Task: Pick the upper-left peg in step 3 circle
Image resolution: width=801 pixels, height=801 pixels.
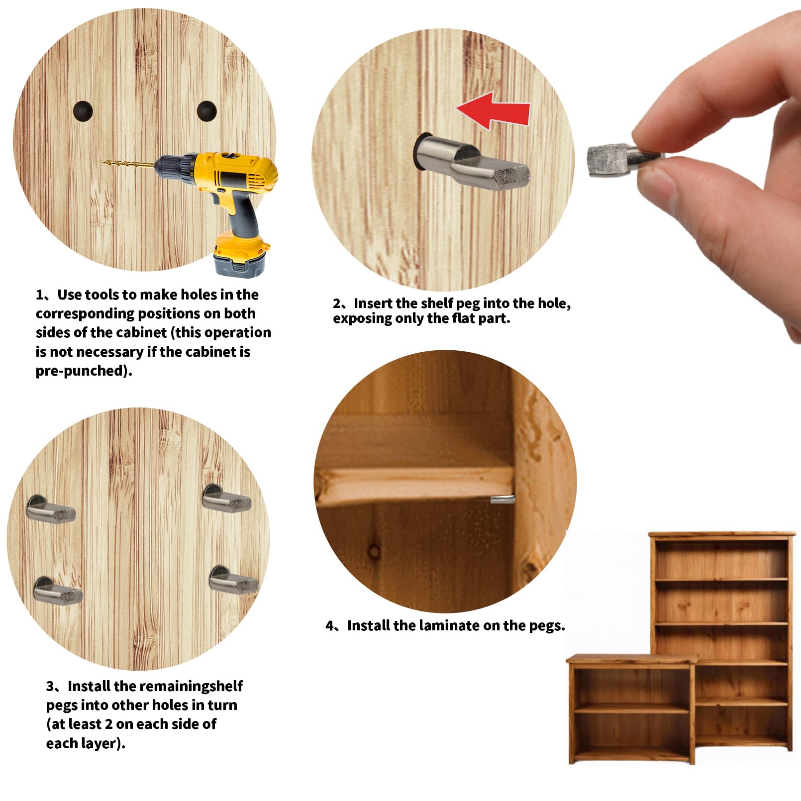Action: pyautogui.click(x=50, y=509)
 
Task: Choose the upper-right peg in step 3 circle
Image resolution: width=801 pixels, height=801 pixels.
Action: pyautogui.click(x=226, y=498)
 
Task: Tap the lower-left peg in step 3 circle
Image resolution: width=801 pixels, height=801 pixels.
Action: pyautogui.click(x=57, y=591)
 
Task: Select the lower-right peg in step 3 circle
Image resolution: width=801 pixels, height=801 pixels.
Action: pyautogui.click(x=233, y=580)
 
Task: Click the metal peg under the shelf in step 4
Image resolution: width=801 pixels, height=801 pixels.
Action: pyautogui.click(x=502, y=499)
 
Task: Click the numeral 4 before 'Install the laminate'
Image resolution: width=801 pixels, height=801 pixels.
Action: pyautogui.click(x=329, y=626)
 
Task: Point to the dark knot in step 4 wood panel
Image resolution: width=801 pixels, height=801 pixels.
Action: pyautogui.click(x=374, y=551)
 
